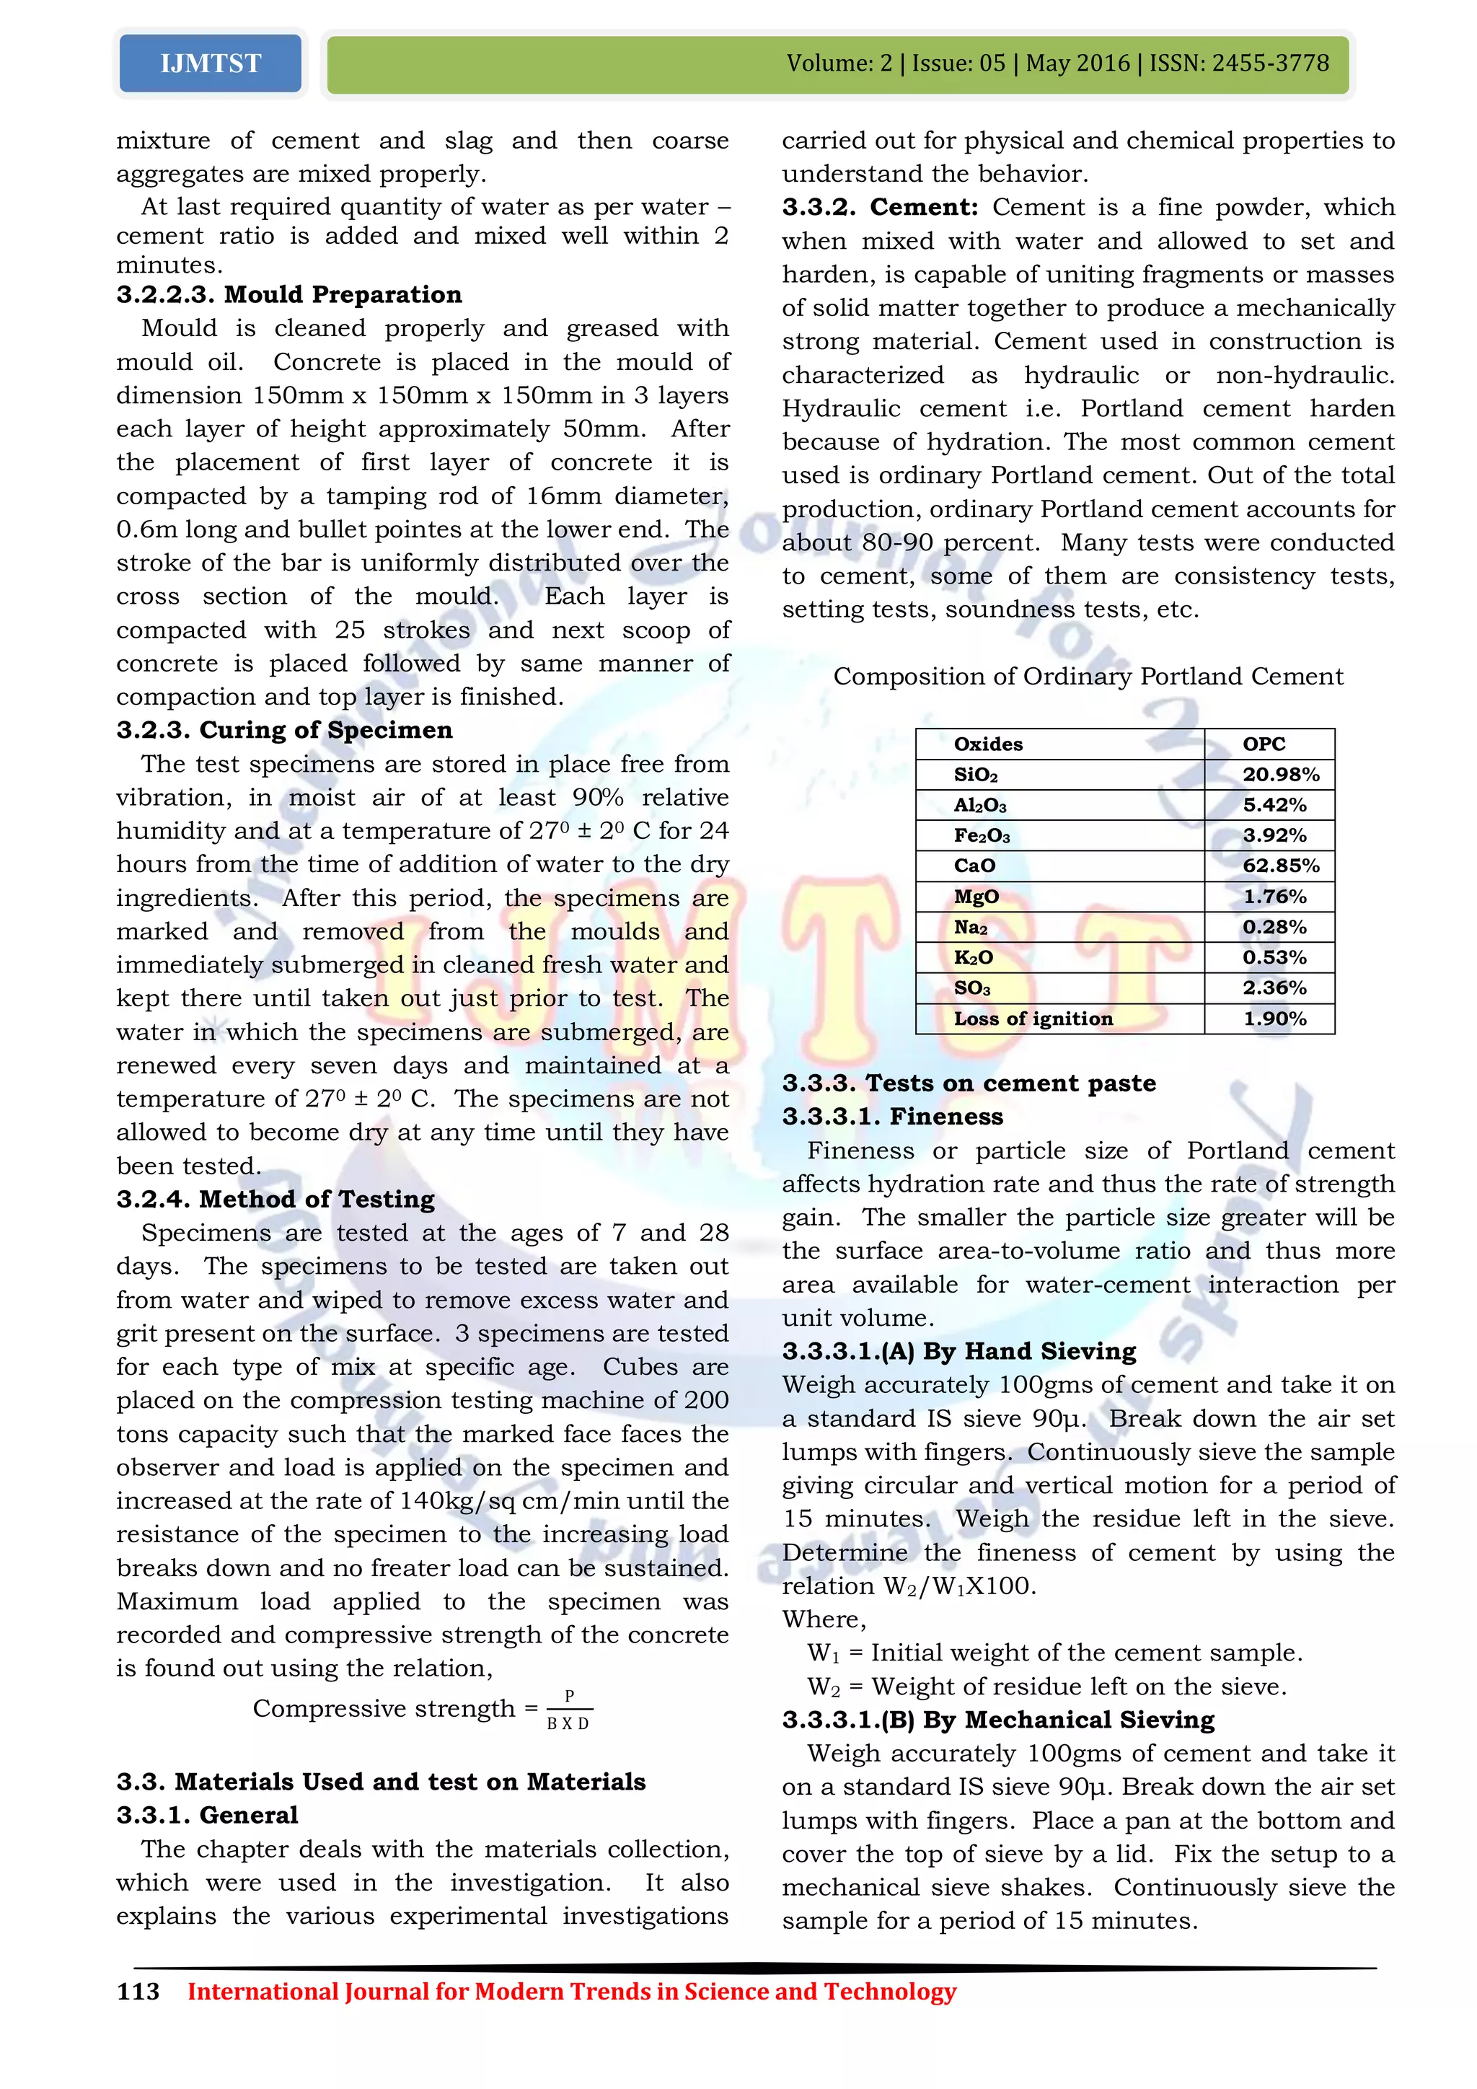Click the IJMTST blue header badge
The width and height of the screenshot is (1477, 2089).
(210, 63)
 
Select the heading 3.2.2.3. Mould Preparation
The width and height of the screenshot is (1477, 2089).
(288, 295)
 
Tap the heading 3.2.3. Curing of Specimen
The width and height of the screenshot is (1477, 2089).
(283, 730)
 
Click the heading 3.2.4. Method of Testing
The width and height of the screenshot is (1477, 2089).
(275, 1199)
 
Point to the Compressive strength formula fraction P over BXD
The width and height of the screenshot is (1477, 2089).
(568, 1710)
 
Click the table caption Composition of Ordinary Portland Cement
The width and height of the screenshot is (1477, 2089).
(1088, 676)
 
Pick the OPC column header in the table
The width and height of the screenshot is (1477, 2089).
(1264, 744)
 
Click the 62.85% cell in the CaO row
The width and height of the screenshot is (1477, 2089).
(1279, 866)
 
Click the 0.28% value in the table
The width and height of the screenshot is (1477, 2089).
(1274, 927)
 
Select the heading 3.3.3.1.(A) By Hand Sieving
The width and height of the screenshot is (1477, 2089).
(958, 1351)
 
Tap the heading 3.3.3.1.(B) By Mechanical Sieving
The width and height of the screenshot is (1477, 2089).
(997, 1720)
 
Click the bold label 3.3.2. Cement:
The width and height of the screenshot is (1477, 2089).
(879, 208)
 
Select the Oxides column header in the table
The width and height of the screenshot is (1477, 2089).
(988, 744)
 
